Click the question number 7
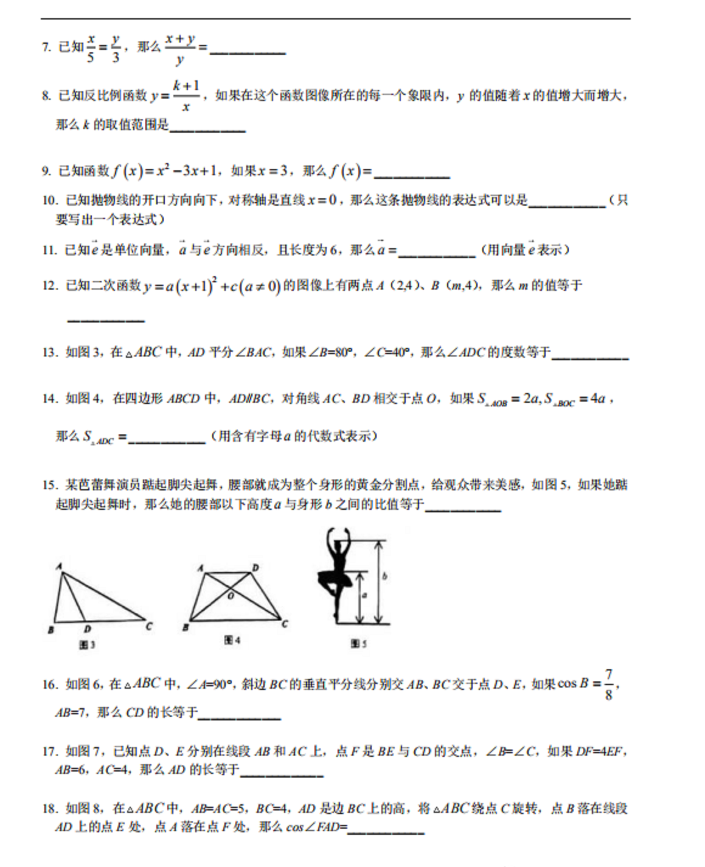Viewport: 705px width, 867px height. (46, 47)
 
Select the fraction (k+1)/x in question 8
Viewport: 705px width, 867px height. (186, 96)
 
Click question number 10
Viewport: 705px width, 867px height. (50, 200)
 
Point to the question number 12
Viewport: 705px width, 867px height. (50, 285)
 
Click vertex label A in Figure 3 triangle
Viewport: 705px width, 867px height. (59, 566)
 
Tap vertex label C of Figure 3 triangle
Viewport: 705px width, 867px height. (149, 625)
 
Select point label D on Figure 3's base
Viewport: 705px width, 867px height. (88, 628)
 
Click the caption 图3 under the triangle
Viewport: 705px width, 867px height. (87, 644)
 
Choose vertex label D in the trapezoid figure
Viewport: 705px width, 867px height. (255, 568)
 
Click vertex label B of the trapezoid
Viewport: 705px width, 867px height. (186, 627)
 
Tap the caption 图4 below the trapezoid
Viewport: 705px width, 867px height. (232, 640)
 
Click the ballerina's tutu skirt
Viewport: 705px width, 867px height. (335, 579)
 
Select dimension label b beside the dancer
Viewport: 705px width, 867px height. (384, 576)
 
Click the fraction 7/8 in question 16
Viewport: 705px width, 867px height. (608, 684)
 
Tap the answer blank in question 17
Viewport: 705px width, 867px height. (281, 771)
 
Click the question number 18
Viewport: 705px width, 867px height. (50, 809)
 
